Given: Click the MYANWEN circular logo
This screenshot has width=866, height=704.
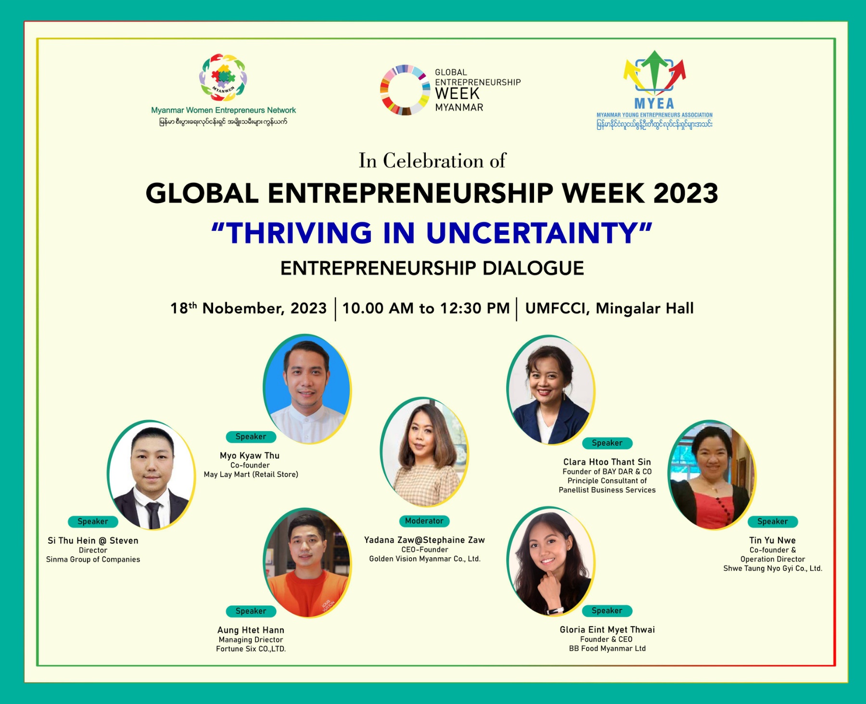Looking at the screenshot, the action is click(223, 77).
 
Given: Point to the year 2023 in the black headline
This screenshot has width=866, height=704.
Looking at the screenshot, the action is click(686, 193).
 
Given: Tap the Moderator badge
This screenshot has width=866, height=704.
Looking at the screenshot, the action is click(424, 521).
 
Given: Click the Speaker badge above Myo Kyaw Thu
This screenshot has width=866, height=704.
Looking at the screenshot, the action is click(251, 436).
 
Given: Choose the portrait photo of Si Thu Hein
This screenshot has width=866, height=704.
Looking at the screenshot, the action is click(151, 475).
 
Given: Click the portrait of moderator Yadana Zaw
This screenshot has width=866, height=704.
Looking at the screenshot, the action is click(424, 452).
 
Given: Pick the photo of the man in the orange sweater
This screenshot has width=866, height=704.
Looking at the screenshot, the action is click(307, 563).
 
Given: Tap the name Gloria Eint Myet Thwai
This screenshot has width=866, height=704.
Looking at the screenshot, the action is click(607, 629).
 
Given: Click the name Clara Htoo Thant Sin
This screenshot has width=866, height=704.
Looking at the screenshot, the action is click(607, 462).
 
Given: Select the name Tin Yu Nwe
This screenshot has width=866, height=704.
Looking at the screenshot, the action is click(773, 540).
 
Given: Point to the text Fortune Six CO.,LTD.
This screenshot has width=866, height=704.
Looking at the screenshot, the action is click(251, 649).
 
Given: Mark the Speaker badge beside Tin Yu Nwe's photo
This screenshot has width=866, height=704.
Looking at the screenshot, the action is click(773, 521).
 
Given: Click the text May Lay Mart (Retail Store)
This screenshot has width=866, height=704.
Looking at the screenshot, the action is click(251, 474).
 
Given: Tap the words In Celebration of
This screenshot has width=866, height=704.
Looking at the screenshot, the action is click(432, 161).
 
